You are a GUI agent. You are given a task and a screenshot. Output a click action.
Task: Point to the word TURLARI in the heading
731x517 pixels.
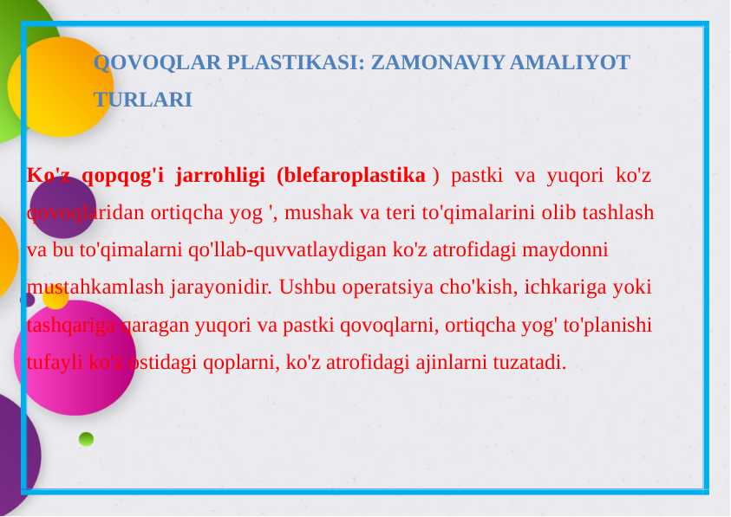coord(143,100)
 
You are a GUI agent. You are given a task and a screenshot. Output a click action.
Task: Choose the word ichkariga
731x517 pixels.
coord(566,288)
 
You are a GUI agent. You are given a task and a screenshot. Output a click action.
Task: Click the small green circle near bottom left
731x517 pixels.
coord(86,439)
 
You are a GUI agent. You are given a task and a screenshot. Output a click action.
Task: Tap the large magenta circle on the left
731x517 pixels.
coord(75,357)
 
